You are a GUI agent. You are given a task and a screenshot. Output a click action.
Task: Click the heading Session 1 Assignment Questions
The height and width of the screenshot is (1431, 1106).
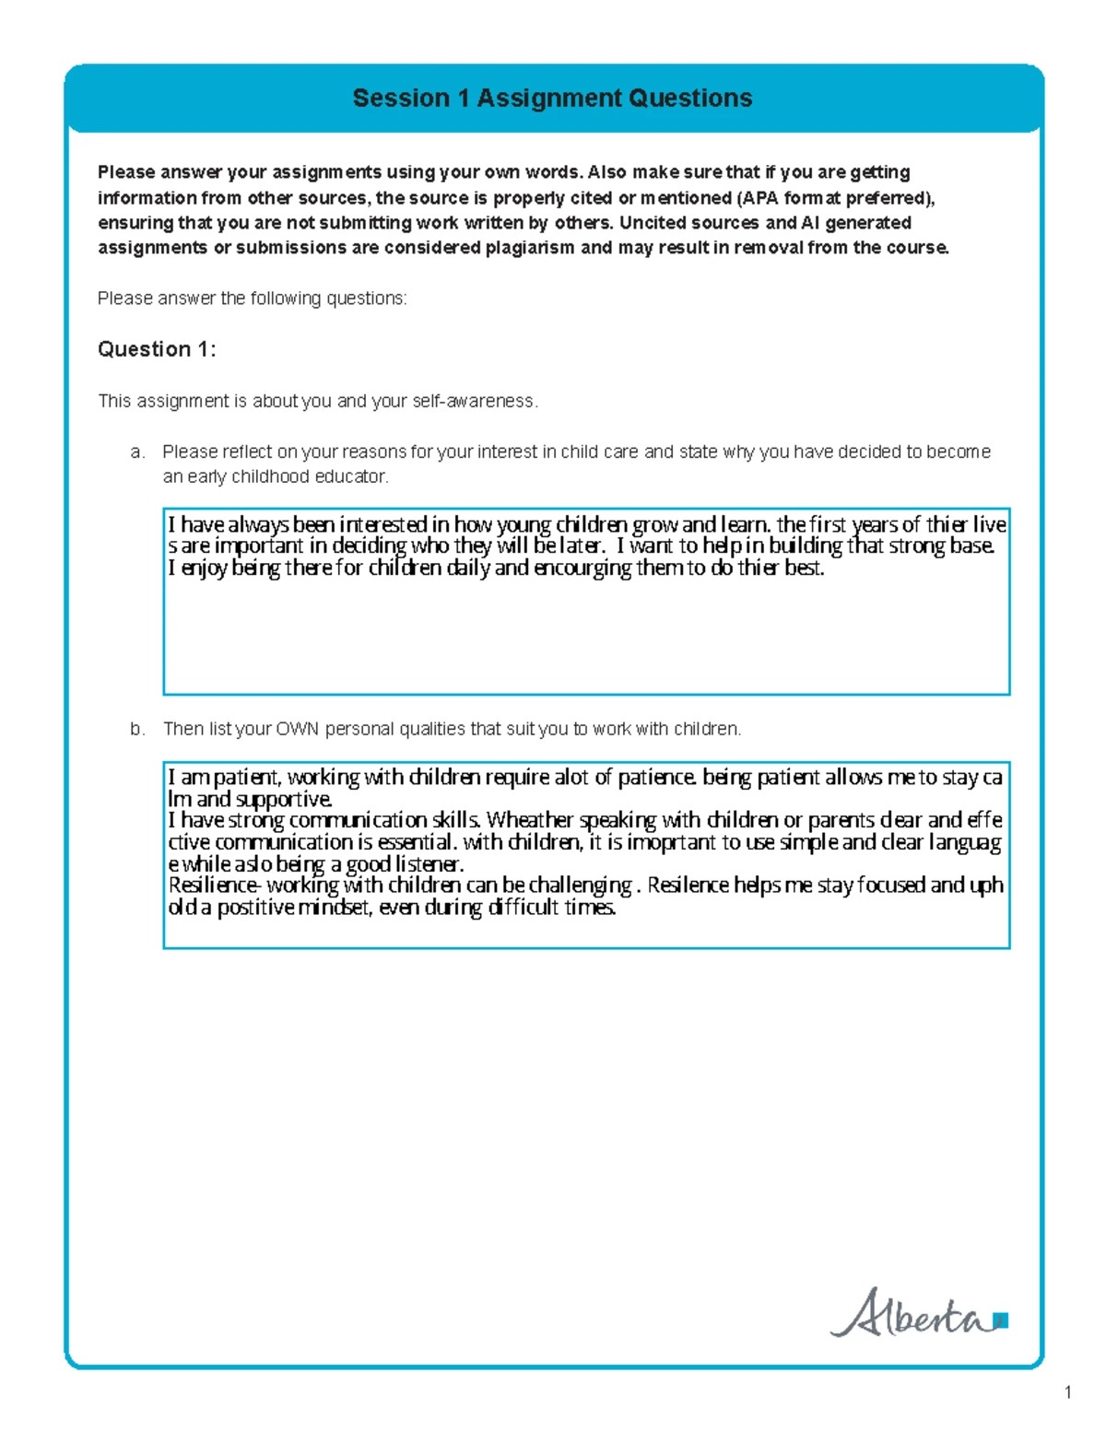552,99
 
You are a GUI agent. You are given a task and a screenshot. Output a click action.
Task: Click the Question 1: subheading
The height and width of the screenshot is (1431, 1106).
157,349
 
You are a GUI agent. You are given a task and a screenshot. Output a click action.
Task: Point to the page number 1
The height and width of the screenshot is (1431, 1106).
1067,1392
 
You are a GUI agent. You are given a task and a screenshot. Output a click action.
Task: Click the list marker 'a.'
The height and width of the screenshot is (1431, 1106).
137,452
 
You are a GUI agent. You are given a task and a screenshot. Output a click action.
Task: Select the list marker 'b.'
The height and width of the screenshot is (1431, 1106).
137,729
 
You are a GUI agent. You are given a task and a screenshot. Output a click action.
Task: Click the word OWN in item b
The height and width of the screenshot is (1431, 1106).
297,729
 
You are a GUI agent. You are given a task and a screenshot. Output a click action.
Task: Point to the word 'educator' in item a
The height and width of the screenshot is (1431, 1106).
351,477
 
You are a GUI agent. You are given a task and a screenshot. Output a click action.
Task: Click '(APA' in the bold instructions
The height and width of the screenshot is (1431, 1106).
758,198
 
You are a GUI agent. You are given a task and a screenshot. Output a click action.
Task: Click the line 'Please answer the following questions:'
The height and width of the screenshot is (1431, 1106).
252,299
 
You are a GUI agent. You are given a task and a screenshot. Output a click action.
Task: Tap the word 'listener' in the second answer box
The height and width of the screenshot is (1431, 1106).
428,864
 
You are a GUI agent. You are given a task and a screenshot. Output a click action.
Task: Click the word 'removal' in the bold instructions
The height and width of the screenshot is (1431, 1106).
772,248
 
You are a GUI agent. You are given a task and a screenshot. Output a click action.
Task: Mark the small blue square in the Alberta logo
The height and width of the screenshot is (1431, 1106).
1002,1321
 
